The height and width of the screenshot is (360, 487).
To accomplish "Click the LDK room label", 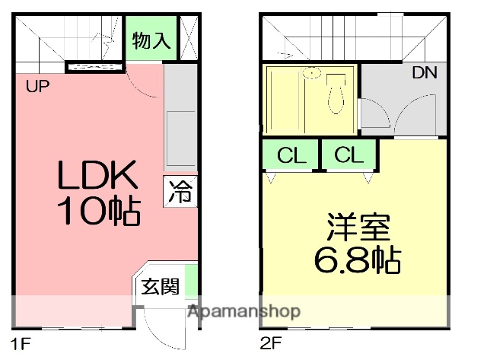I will (98, 177).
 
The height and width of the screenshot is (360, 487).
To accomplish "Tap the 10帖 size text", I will (98, 212).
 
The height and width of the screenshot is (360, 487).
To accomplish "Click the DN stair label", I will (424, 75).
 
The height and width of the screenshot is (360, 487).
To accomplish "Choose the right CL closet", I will (349, 157).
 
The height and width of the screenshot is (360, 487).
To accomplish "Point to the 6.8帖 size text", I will (358, 261).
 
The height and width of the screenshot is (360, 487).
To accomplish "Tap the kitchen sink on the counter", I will (180, 136).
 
